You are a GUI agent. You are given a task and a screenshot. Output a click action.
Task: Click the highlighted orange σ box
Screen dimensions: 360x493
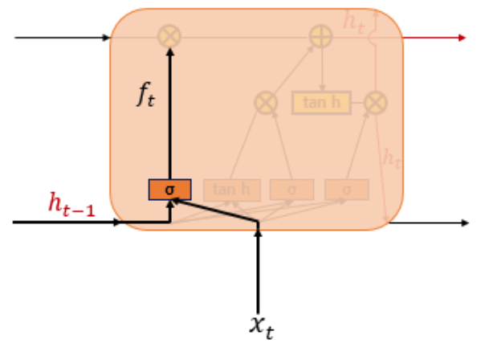(169, 190)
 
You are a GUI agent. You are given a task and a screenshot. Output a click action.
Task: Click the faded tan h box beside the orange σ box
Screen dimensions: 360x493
(232, 190)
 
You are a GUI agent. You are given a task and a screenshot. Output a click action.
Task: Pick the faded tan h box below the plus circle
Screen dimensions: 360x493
(321, 103)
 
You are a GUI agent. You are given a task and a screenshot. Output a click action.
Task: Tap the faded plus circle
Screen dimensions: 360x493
(322, 36)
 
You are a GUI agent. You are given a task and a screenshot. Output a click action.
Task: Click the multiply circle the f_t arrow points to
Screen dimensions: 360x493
(170, 37)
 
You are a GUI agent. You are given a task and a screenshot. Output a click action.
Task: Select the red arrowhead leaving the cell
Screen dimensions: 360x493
(461, 37)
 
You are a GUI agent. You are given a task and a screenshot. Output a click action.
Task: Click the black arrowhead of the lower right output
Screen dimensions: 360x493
(463, 222)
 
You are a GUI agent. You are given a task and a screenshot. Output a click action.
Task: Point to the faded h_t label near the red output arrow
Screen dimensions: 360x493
(354, 22)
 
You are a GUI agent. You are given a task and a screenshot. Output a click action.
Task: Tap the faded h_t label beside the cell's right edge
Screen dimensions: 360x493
(392, 158)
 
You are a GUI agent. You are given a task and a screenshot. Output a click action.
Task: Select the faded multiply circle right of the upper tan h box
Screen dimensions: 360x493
(375, 102)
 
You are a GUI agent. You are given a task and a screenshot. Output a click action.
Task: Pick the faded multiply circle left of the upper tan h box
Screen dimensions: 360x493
(266, 102)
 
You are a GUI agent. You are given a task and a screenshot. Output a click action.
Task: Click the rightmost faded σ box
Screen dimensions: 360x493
(347, 190)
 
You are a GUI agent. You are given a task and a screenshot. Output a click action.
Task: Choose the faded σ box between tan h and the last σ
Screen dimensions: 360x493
(291, 190)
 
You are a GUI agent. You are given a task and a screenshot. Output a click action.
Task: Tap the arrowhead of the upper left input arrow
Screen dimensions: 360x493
(105, 37)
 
